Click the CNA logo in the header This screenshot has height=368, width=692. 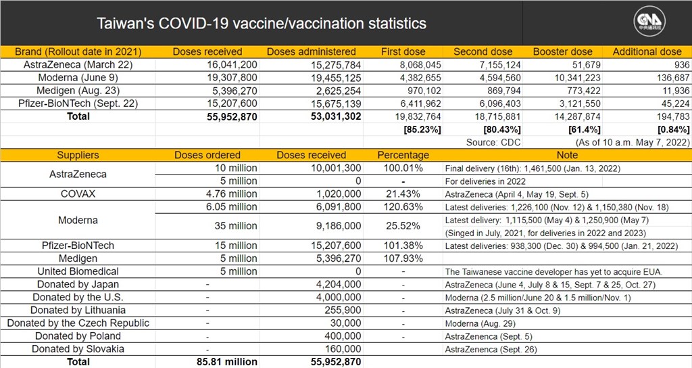click(649, 22)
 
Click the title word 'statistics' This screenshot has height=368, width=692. click(397, 23)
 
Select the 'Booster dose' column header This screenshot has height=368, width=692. click(563, 51)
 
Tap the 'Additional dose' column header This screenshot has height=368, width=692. click(647, 51)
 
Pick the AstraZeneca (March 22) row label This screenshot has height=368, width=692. click(78, 64)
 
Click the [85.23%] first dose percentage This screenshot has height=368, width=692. click(422, 129)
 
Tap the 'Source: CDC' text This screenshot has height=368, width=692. click(493, 142)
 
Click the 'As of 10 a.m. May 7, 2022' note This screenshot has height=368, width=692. click(633, 142)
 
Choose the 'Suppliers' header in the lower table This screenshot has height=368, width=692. click(78, 155)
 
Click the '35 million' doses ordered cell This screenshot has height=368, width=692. click(236, 226)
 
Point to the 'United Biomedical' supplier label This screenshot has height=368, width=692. click(78, 271)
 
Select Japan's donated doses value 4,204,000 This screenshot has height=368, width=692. click(339, 284)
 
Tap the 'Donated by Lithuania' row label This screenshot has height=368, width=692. click(78, 310)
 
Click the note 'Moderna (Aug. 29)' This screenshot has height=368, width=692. click(480, 323)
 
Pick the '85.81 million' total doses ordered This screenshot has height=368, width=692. click(227, 362)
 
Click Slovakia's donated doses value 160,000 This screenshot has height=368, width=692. click(343, 349)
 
